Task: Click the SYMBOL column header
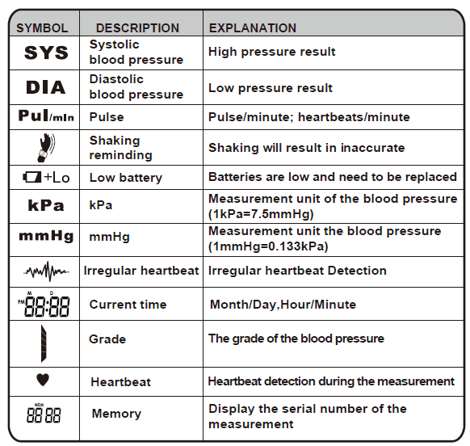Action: point(42,27)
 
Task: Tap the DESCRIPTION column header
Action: point(137,27)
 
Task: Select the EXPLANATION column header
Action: point(253,27)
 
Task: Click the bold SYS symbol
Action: point(46,53)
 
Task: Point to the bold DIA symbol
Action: point(45,87)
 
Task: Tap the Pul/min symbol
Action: point(46,116)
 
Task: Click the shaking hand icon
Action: point(46,146)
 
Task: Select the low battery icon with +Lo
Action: point(46,177)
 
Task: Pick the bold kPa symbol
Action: point(46,205)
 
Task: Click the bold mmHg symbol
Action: point(46,238)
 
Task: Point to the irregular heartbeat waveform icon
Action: point(46,271)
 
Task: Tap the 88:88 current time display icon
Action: point(45,305)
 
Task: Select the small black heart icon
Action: point(44,380)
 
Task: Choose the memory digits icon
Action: point(44,415)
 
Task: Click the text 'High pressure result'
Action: point(271,52)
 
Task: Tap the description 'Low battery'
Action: point(125,177)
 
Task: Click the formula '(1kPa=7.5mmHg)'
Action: point(261,213)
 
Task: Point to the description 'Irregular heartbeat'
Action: point(141,271)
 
